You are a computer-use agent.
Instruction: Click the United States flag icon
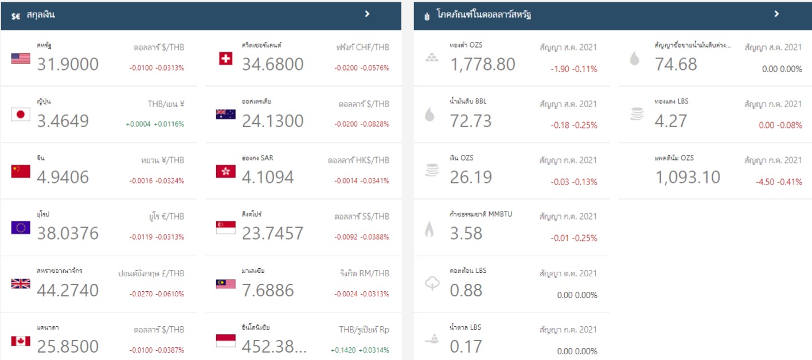click(21, 58)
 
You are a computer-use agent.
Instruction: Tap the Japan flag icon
click(21, 115)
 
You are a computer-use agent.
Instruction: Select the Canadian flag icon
click(21, 341)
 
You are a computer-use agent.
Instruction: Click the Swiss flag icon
click(225, 58)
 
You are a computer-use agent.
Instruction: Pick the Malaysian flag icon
click(225, 284)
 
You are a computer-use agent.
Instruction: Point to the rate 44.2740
click(68, 291)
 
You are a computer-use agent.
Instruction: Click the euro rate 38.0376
click(68, 234)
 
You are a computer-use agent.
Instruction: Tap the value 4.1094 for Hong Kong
click(268, 178)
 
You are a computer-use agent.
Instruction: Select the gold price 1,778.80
click(482, 64)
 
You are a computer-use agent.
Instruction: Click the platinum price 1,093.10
click(688, 178)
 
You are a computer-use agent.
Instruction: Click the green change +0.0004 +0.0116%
click(155, 124)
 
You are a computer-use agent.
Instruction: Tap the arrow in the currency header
click(368, 14)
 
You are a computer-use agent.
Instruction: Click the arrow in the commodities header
click(776, 14)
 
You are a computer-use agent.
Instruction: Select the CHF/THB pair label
click(362, 48)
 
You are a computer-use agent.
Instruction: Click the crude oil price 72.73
click(471, 121)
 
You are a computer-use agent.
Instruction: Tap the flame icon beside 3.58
click(430, 230)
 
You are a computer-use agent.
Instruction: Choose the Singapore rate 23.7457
click(272, 234)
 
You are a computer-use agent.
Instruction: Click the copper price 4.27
click(670, 121)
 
